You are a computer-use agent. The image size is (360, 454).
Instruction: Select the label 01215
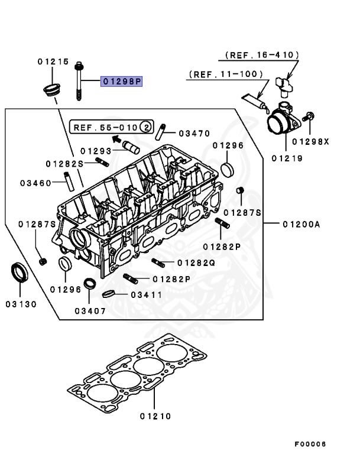53,61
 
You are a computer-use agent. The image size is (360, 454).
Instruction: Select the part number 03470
194,134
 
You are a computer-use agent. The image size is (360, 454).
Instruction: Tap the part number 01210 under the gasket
155,416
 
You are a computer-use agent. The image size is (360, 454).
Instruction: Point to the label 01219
287,158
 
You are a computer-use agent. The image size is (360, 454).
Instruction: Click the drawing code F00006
310,443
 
